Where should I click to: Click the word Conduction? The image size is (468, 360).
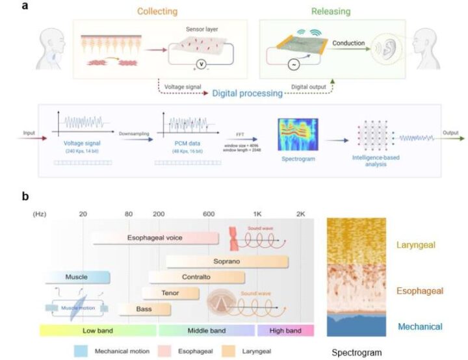pyautogui.click(x=348, y=44)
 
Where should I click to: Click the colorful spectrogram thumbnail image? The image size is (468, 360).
pyautogui.click(x=297, y=133)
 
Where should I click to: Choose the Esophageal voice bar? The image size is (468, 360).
pyautogui.click(x=156, y=238)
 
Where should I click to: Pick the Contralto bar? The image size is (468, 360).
pyautogui.click(x=196, y=277)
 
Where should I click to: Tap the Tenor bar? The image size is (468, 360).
pyautogui.click(x=170, y=293)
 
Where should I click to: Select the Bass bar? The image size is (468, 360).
pyautogui.click(x=144, y=309)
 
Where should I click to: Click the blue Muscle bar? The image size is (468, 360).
pyautogui.click(x=77, y=277)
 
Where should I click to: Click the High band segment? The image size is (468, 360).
pyautogui.click(x=286, y=330)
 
